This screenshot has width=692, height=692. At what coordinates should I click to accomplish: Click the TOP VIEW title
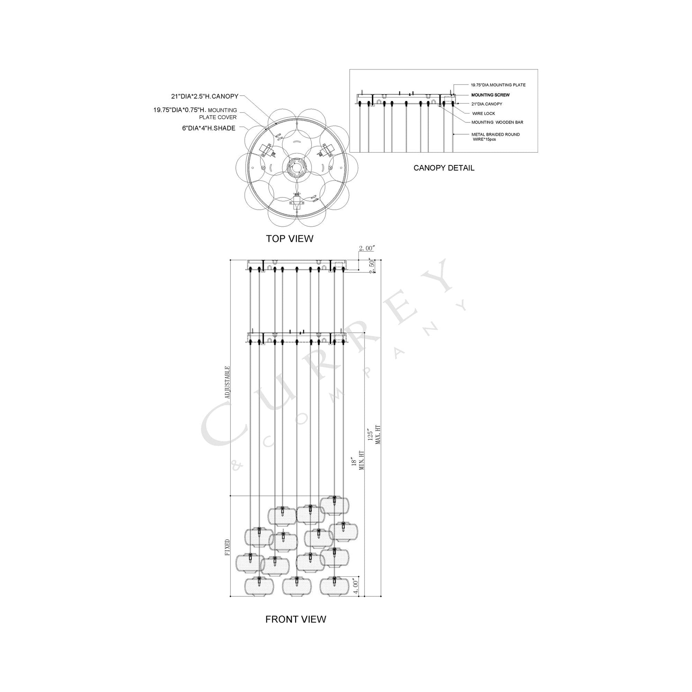tap(289, 239)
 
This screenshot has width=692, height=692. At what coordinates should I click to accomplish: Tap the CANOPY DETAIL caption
tap(444, 168)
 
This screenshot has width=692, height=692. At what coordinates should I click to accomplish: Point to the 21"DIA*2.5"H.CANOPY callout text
tap(204, 96)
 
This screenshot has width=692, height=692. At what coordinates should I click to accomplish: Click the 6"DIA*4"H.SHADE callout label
tap(208, 128)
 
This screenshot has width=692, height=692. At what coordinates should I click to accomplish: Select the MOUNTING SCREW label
tap(490, 95)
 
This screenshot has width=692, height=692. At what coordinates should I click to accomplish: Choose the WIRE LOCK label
tap(484, 113)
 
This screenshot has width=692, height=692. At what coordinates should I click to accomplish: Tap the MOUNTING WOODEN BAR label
tap(497, 122)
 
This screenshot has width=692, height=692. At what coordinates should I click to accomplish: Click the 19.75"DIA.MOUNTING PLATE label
tap(498, 85)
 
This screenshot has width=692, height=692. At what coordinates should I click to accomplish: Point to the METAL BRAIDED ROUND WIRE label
tap(495, 137)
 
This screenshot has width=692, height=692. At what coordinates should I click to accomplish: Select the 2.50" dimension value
tap(372, 267)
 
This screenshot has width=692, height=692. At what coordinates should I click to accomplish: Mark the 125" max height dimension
tap(374, 435)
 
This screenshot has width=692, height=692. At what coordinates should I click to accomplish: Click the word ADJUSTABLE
tap(227, 383)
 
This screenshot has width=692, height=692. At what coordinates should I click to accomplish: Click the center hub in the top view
tap(294, 167)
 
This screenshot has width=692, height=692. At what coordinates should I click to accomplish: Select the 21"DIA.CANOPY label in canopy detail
tap(486, 104)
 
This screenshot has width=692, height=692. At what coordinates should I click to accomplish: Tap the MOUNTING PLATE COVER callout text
tap(195, 113)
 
